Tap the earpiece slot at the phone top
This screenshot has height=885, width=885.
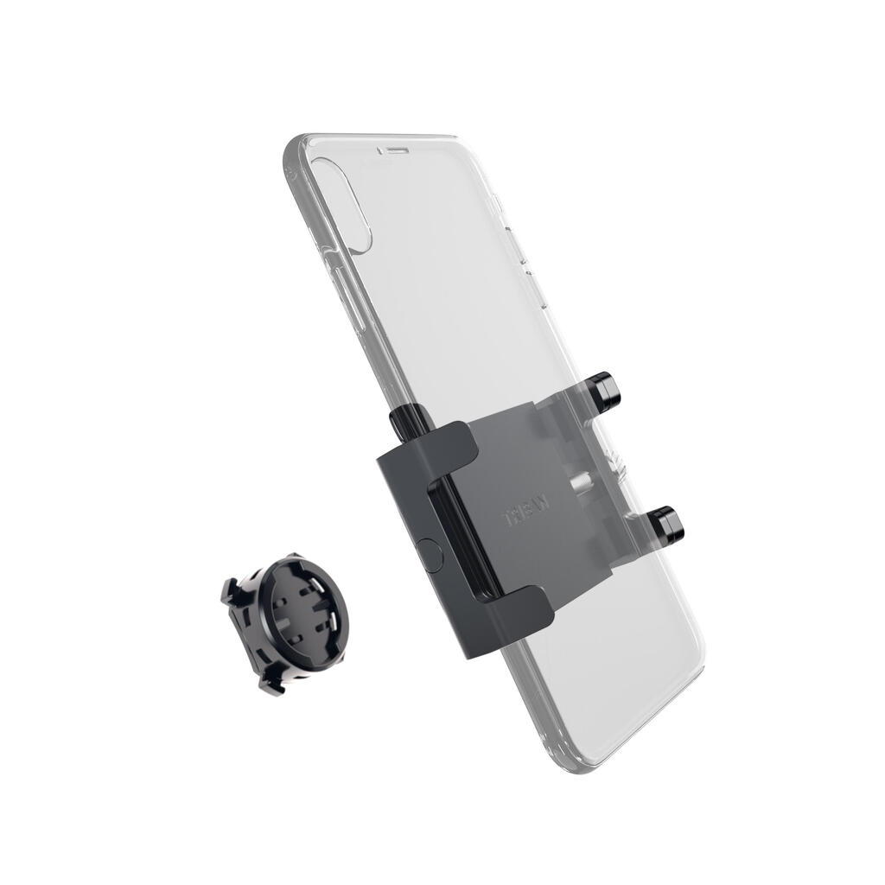point(393,149)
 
